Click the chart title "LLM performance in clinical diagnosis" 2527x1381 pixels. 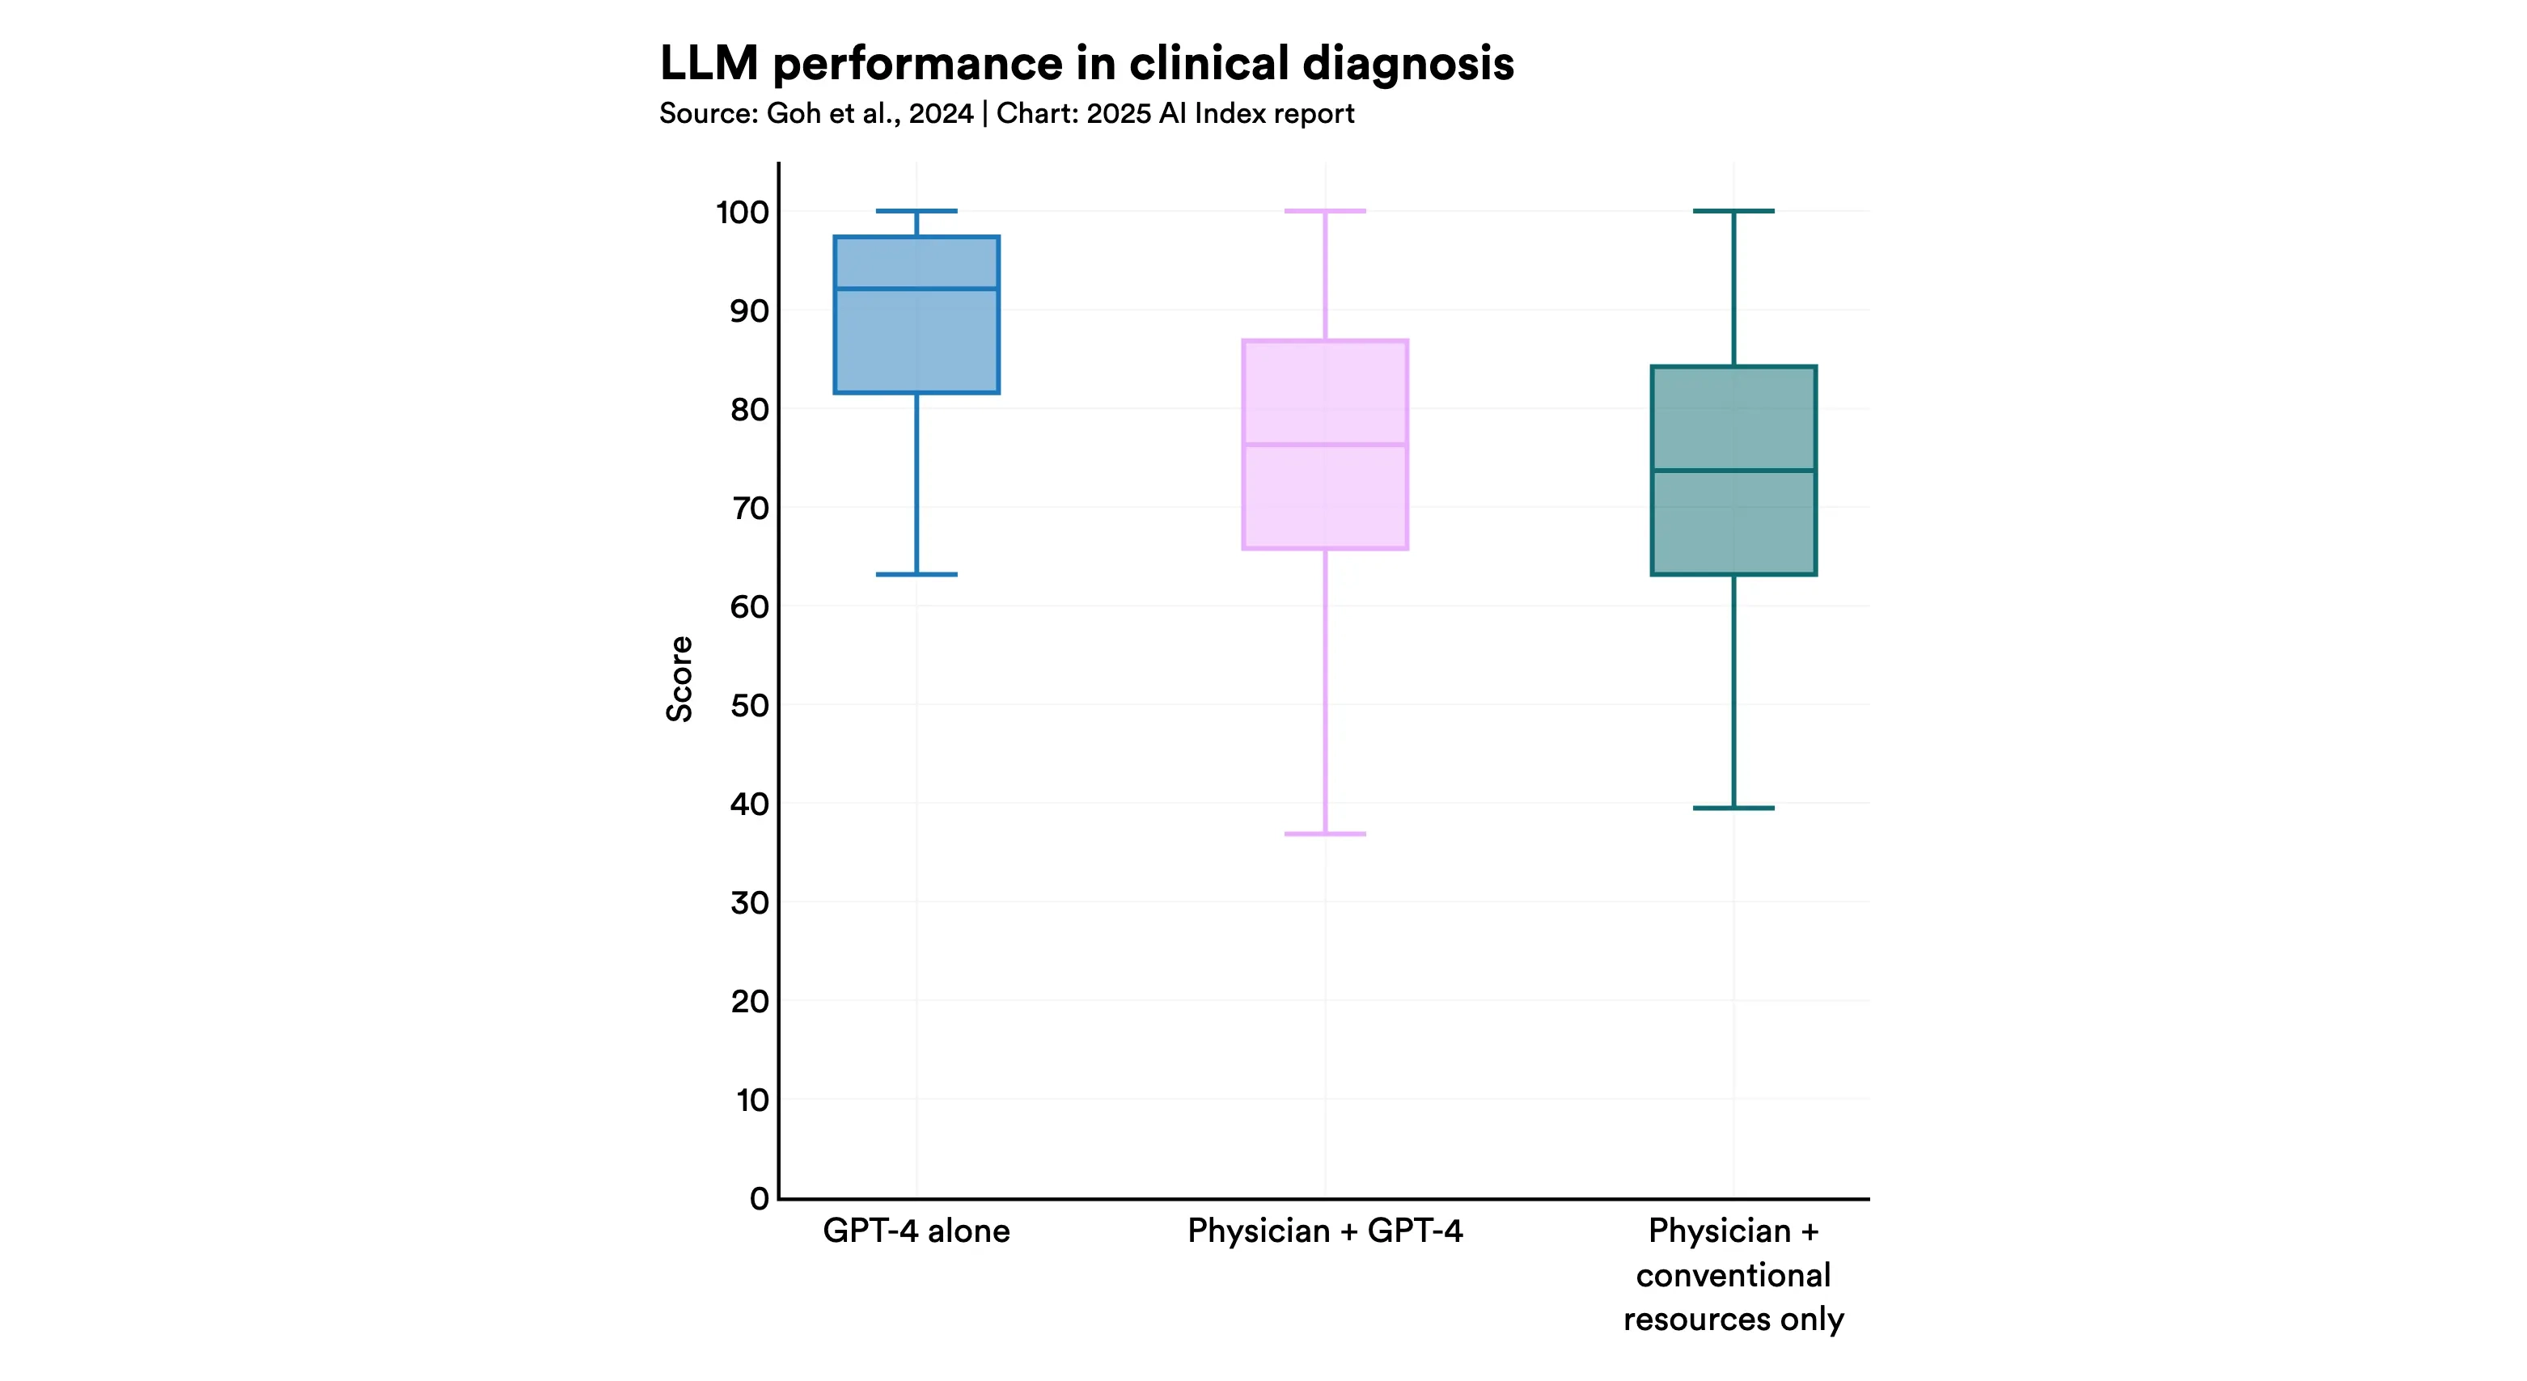click(x=1086, y=64)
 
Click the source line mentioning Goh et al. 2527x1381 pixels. click(x=1005, y=114)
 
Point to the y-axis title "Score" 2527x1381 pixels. click(x=679, y=678)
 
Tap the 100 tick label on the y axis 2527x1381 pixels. click(x=742, y=212)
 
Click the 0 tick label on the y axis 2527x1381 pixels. click(x=758, y=1198)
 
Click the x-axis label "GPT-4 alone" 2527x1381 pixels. click(x=916, y=1231)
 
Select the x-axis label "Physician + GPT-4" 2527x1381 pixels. click(x=1324, y=1231)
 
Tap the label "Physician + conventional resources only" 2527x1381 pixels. click(x=1733, y=1275)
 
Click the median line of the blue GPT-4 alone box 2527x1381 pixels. click(x=916, y=289)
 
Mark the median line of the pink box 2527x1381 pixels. click(x=1324, y=445)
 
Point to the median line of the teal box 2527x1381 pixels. click(x=1733, y=471)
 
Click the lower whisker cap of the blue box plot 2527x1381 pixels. click(x=916, y=574)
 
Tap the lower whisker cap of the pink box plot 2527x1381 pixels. click(x=1324, y=834)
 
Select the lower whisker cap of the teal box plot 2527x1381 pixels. click(x=1733, y=809)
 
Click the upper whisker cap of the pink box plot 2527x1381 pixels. click(x=1324, y=211)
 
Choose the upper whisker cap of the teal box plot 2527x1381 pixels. click(x=1733, y=211)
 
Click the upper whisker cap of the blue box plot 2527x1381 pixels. click(x=916, y=211)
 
